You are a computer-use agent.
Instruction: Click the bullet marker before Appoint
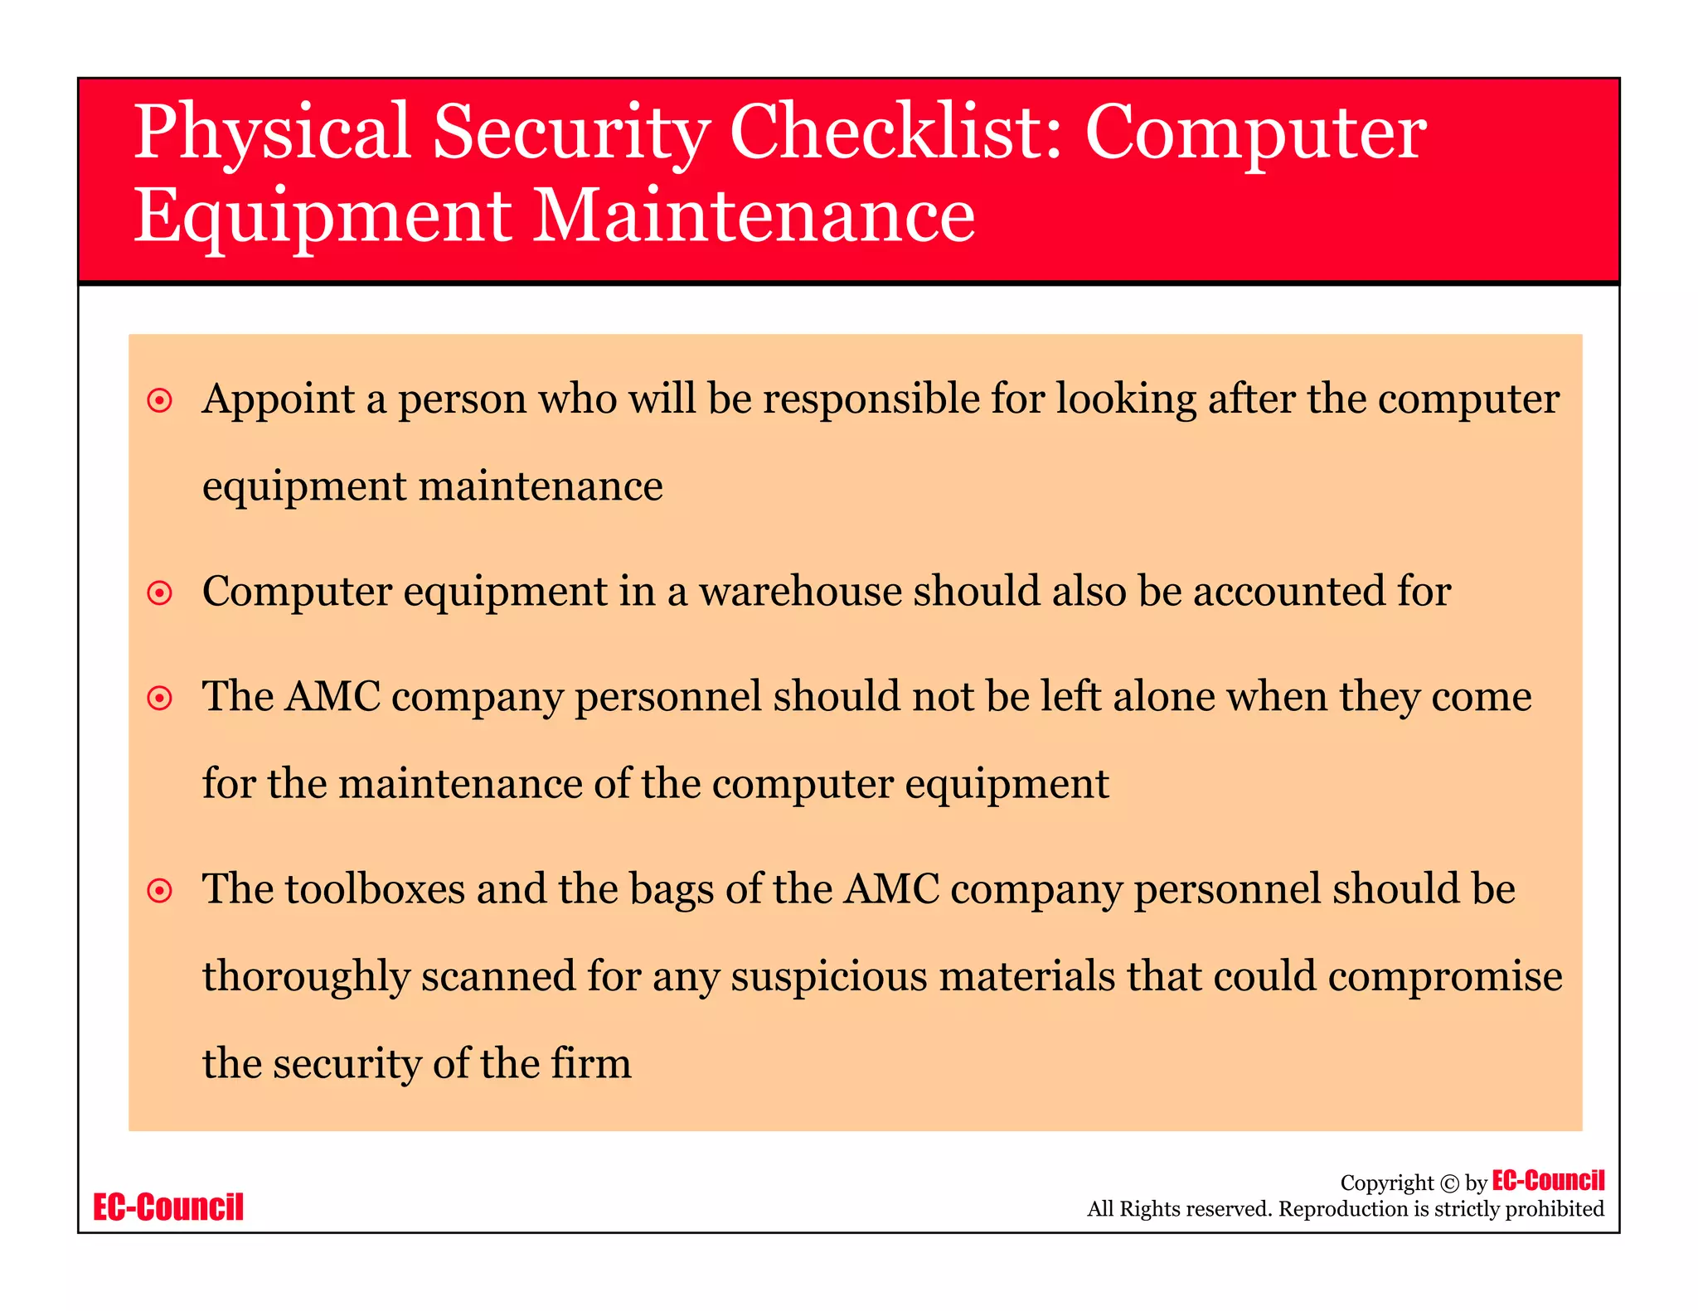[159, 401]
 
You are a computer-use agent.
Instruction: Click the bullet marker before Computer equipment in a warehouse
[159, 593]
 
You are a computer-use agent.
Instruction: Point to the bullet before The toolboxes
[159, 891]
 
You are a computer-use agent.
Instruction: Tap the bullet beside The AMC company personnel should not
[159, 699]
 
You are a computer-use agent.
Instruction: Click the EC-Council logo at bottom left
[168, 1207]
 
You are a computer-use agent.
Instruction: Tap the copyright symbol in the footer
[1449, 1183]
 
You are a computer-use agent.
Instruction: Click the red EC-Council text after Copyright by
[1548, 1180]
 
